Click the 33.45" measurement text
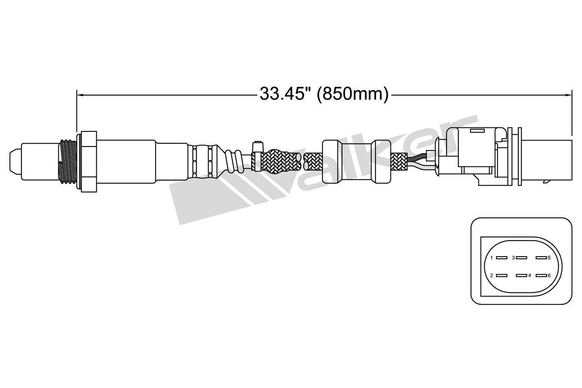click(x=285, y=94)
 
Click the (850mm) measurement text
click(x=352, y=94)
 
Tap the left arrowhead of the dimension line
click(x=80, y=95)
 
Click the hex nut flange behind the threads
click(x=89, y=161)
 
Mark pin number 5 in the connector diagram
click(x=541, y=258)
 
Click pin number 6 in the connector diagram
click(x=541, y=276)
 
